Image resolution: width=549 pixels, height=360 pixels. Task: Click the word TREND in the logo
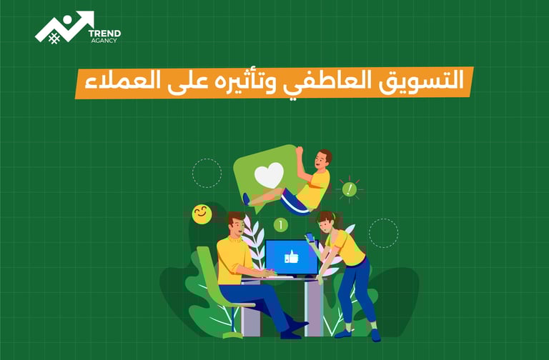click(104, 33)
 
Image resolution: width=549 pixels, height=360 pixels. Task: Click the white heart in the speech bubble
click(269, 174)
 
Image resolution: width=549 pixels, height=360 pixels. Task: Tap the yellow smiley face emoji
click(202, 214)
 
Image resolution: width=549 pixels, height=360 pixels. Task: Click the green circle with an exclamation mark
click(349, 189)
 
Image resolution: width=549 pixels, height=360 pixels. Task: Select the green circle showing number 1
click(280, 225)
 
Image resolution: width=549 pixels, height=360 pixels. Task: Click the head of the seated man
click(236, 223)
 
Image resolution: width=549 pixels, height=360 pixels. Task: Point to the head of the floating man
click(323, 158)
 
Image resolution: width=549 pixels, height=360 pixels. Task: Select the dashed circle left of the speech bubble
click(207, 173)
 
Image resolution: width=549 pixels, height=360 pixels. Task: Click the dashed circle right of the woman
click(383, 233)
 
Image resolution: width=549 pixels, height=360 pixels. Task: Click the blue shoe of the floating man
click(246, 199)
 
